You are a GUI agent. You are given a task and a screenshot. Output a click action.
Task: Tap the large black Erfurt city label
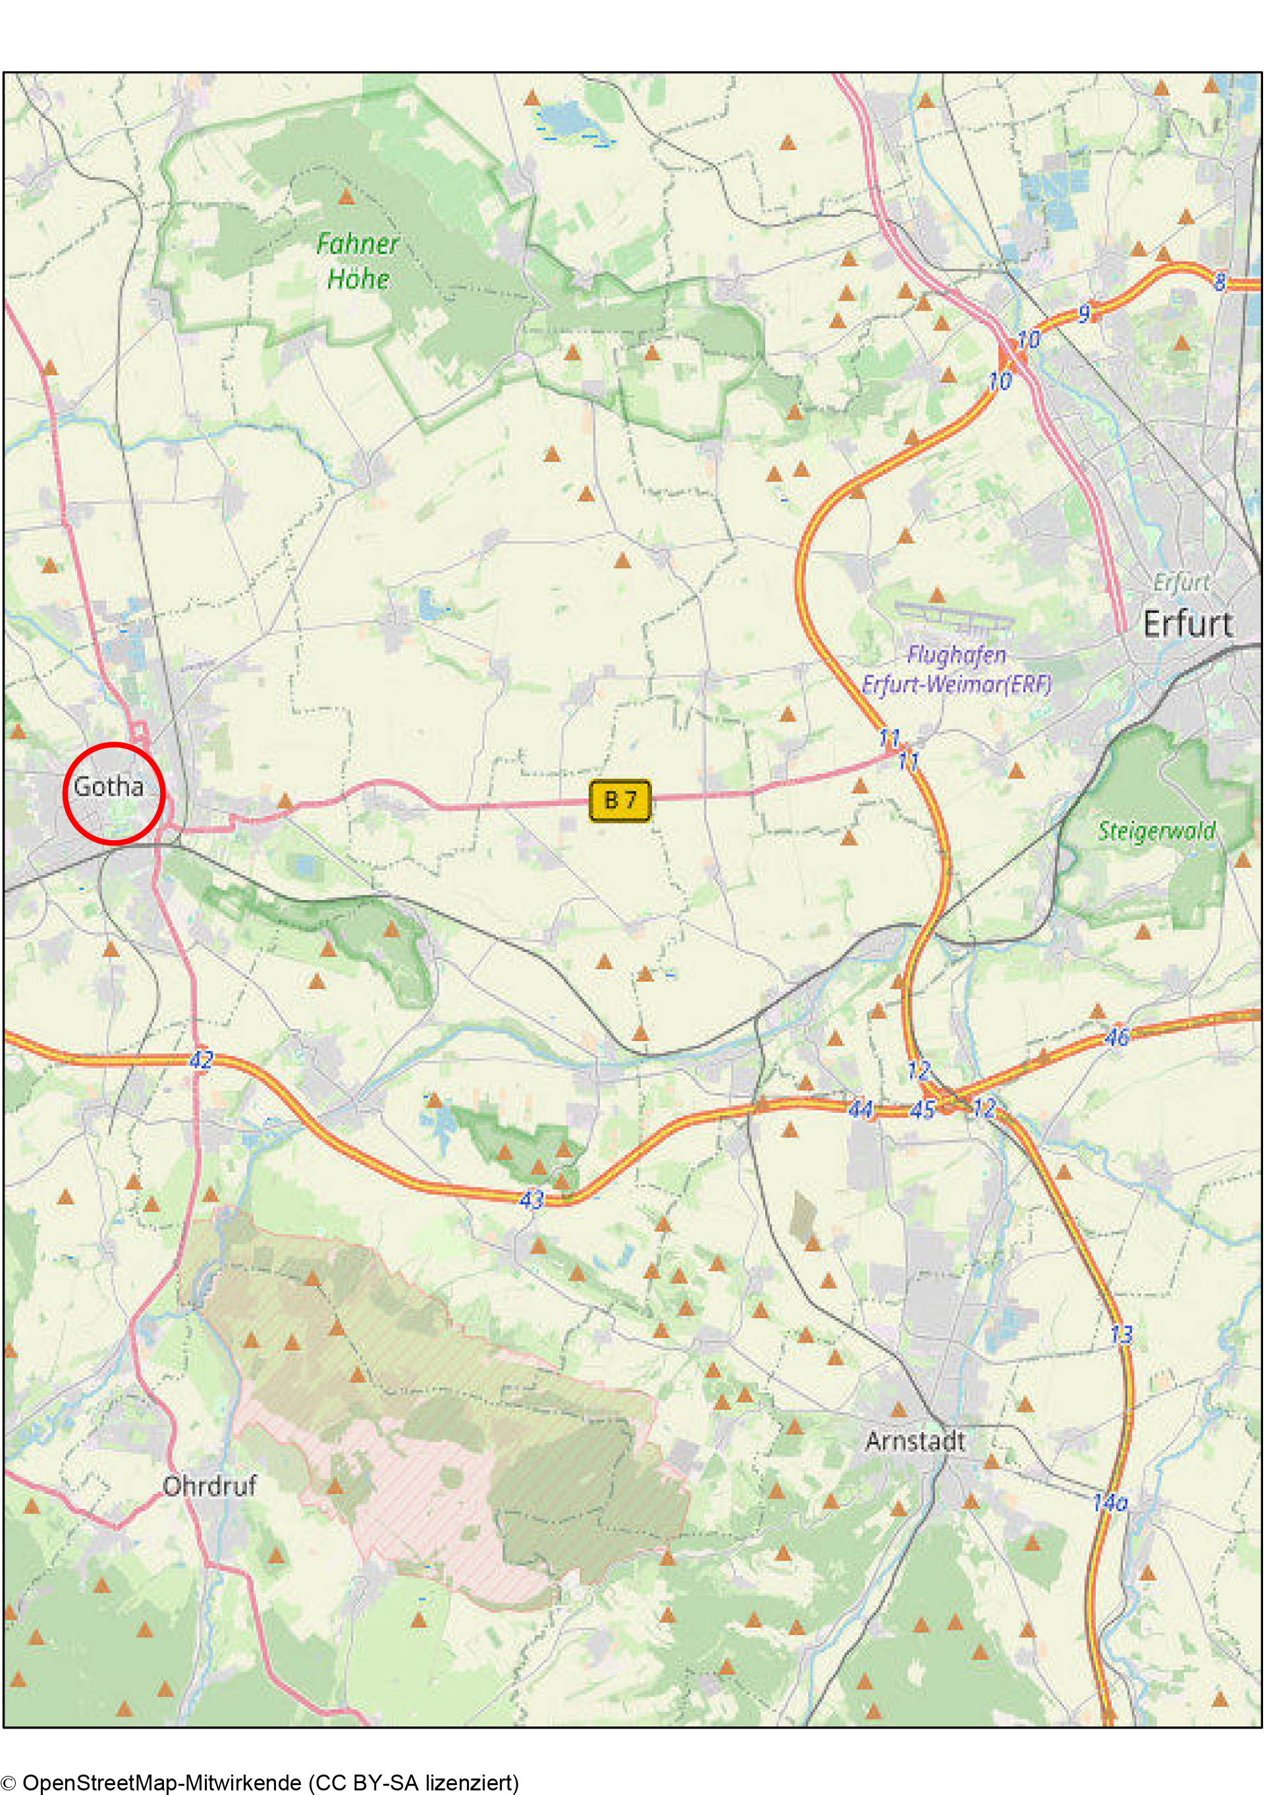click(1187, 624)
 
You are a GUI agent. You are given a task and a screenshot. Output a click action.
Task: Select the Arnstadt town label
click(915, 1441)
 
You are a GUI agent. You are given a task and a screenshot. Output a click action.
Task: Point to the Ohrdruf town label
click(209, 1486)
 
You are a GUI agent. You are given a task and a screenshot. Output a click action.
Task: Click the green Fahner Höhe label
click(358, 261)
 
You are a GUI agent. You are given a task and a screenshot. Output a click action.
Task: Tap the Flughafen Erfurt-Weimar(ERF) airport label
click(957, 669)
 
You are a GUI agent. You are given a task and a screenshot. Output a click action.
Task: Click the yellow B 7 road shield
click(620, 800)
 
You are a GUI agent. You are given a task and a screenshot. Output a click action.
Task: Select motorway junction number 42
click(201, 1060)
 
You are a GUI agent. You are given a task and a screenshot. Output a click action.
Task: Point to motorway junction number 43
click(531, 1199)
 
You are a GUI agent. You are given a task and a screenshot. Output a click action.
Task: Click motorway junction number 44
click(861, 1109)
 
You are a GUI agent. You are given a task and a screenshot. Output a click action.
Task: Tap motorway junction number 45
click(923, 1110)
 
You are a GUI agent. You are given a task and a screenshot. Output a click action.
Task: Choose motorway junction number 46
click(1117, 1036)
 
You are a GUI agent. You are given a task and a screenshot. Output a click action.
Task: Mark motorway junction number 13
click(1121, 1334)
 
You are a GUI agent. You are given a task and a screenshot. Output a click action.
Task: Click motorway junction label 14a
click(1109, 1502)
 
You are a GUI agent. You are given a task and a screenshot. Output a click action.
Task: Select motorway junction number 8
click(1220, 282)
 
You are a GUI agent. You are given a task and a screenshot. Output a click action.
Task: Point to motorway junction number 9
click(1084, 314)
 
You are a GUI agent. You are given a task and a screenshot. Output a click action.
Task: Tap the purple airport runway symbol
click(955, 618)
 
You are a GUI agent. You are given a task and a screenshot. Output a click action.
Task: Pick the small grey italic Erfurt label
click(1181, 583)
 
